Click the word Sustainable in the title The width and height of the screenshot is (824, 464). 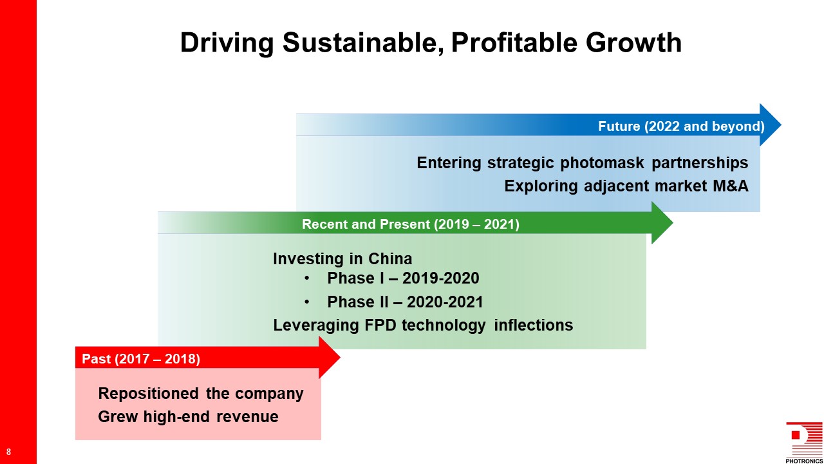(x=363, y=43)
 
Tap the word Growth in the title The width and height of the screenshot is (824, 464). (x=633, y=43)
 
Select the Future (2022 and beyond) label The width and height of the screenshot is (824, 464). (x=681, y=126)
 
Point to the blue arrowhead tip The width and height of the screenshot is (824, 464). (x=781, y=125)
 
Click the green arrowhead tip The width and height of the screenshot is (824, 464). (x=673, y=223)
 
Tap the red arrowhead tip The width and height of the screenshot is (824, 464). (x=340, y=357)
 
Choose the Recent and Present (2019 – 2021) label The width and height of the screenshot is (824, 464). (x=411, y=224)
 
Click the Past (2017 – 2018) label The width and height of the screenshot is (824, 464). (x=141, y=359)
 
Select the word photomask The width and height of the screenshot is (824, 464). (x=602, y=163)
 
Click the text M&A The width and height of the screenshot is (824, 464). (x=731, y=186)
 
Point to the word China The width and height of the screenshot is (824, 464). (x=390, y=259)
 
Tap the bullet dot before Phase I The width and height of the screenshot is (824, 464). (x=307, y=278)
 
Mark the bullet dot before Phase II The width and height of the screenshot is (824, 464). (x=307, y=302)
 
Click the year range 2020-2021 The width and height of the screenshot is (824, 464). (x=445, y=302)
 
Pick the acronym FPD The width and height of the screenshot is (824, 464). (x=380, y=325)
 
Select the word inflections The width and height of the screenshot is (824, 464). (x=534, y=325)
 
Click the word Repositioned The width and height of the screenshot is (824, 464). (x=148, y=394)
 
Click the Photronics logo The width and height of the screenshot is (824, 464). (x=804, y=442)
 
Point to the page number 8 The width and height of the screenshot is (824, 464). (x=8, y=452)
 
